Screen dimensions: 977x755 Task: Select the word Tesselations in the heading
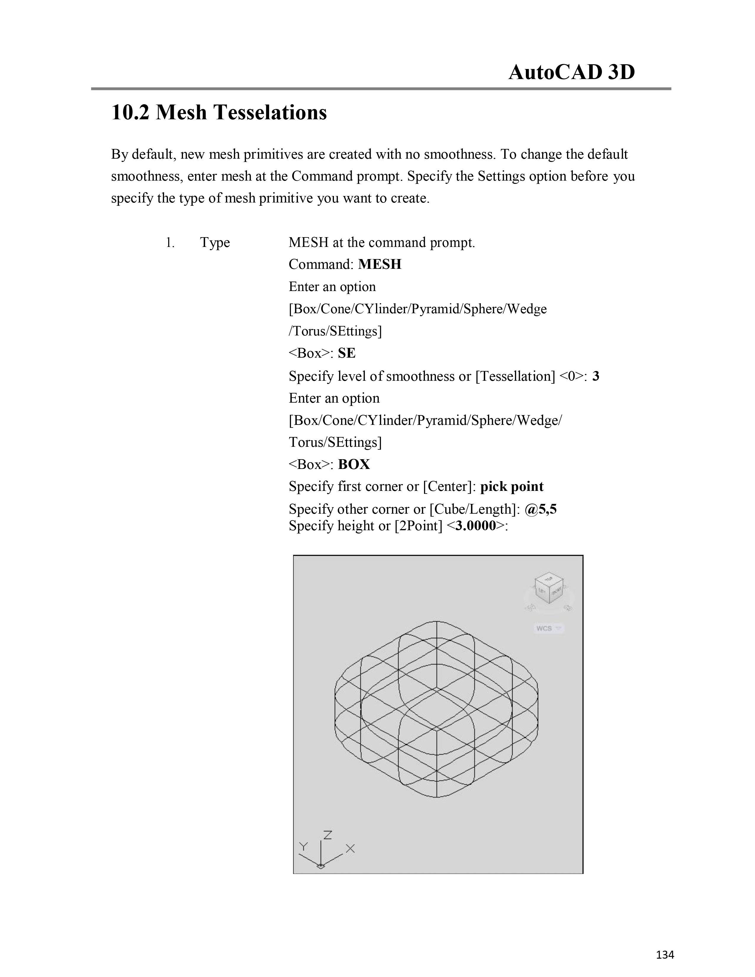coord(270,112)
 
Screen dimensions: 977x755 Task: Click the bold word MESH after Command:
coord(380,264)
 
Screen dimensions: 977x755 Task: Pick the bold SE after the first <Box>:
coord(347,353)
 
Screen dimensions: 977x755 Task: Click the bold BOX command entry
coord(354,464)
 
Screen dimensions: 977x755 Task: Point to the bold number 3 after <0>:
coord(595,376)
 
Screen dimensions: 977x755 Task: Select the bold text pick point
coord(512,487)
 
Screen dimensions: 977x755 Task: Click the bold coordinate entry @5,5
coord(540,509)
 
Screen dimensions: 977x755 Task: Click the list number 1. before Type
coord(170,243)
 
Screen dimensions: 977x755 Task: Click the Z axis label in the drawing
coord(327,835)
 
